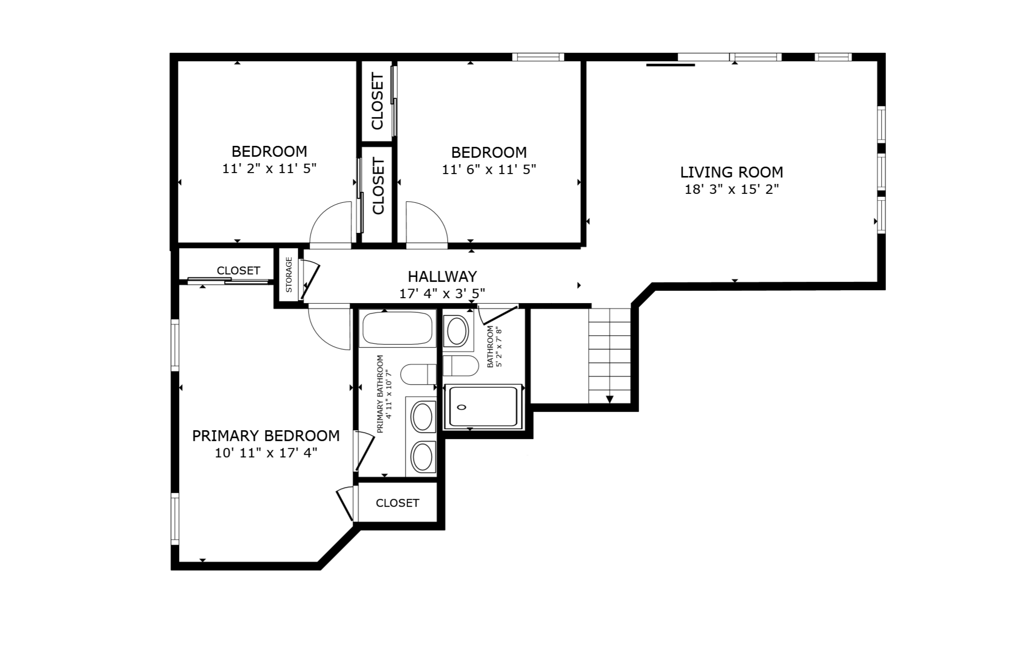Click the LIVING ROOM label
tap(732, 172)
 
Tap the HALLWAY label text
tap(442, 276)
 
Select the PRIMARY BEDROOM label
tap(266, 436)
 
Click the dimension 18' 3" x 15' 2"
tap(732, 189)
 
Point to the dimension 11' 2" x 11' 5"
tap(269, 169)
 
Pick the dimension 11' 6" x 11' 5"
tap(489, 170)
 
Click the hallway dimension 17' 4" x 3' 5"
tap(442, 294)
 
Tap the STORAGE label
tap(289, 275)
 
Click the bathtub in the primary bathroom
tap(397, 328)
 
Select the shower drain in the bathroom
tap(462, 407)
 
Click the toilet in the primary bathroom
tap(418, 374)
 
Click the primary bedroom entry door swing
tap(328, 328)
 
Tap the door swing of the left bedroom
tap(330, 222)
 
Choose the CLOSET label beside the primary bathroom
tap(397, 503)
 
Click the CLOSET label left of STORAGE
tap(238, 270)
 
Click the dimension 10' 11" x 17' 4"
tap(266, 453)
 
